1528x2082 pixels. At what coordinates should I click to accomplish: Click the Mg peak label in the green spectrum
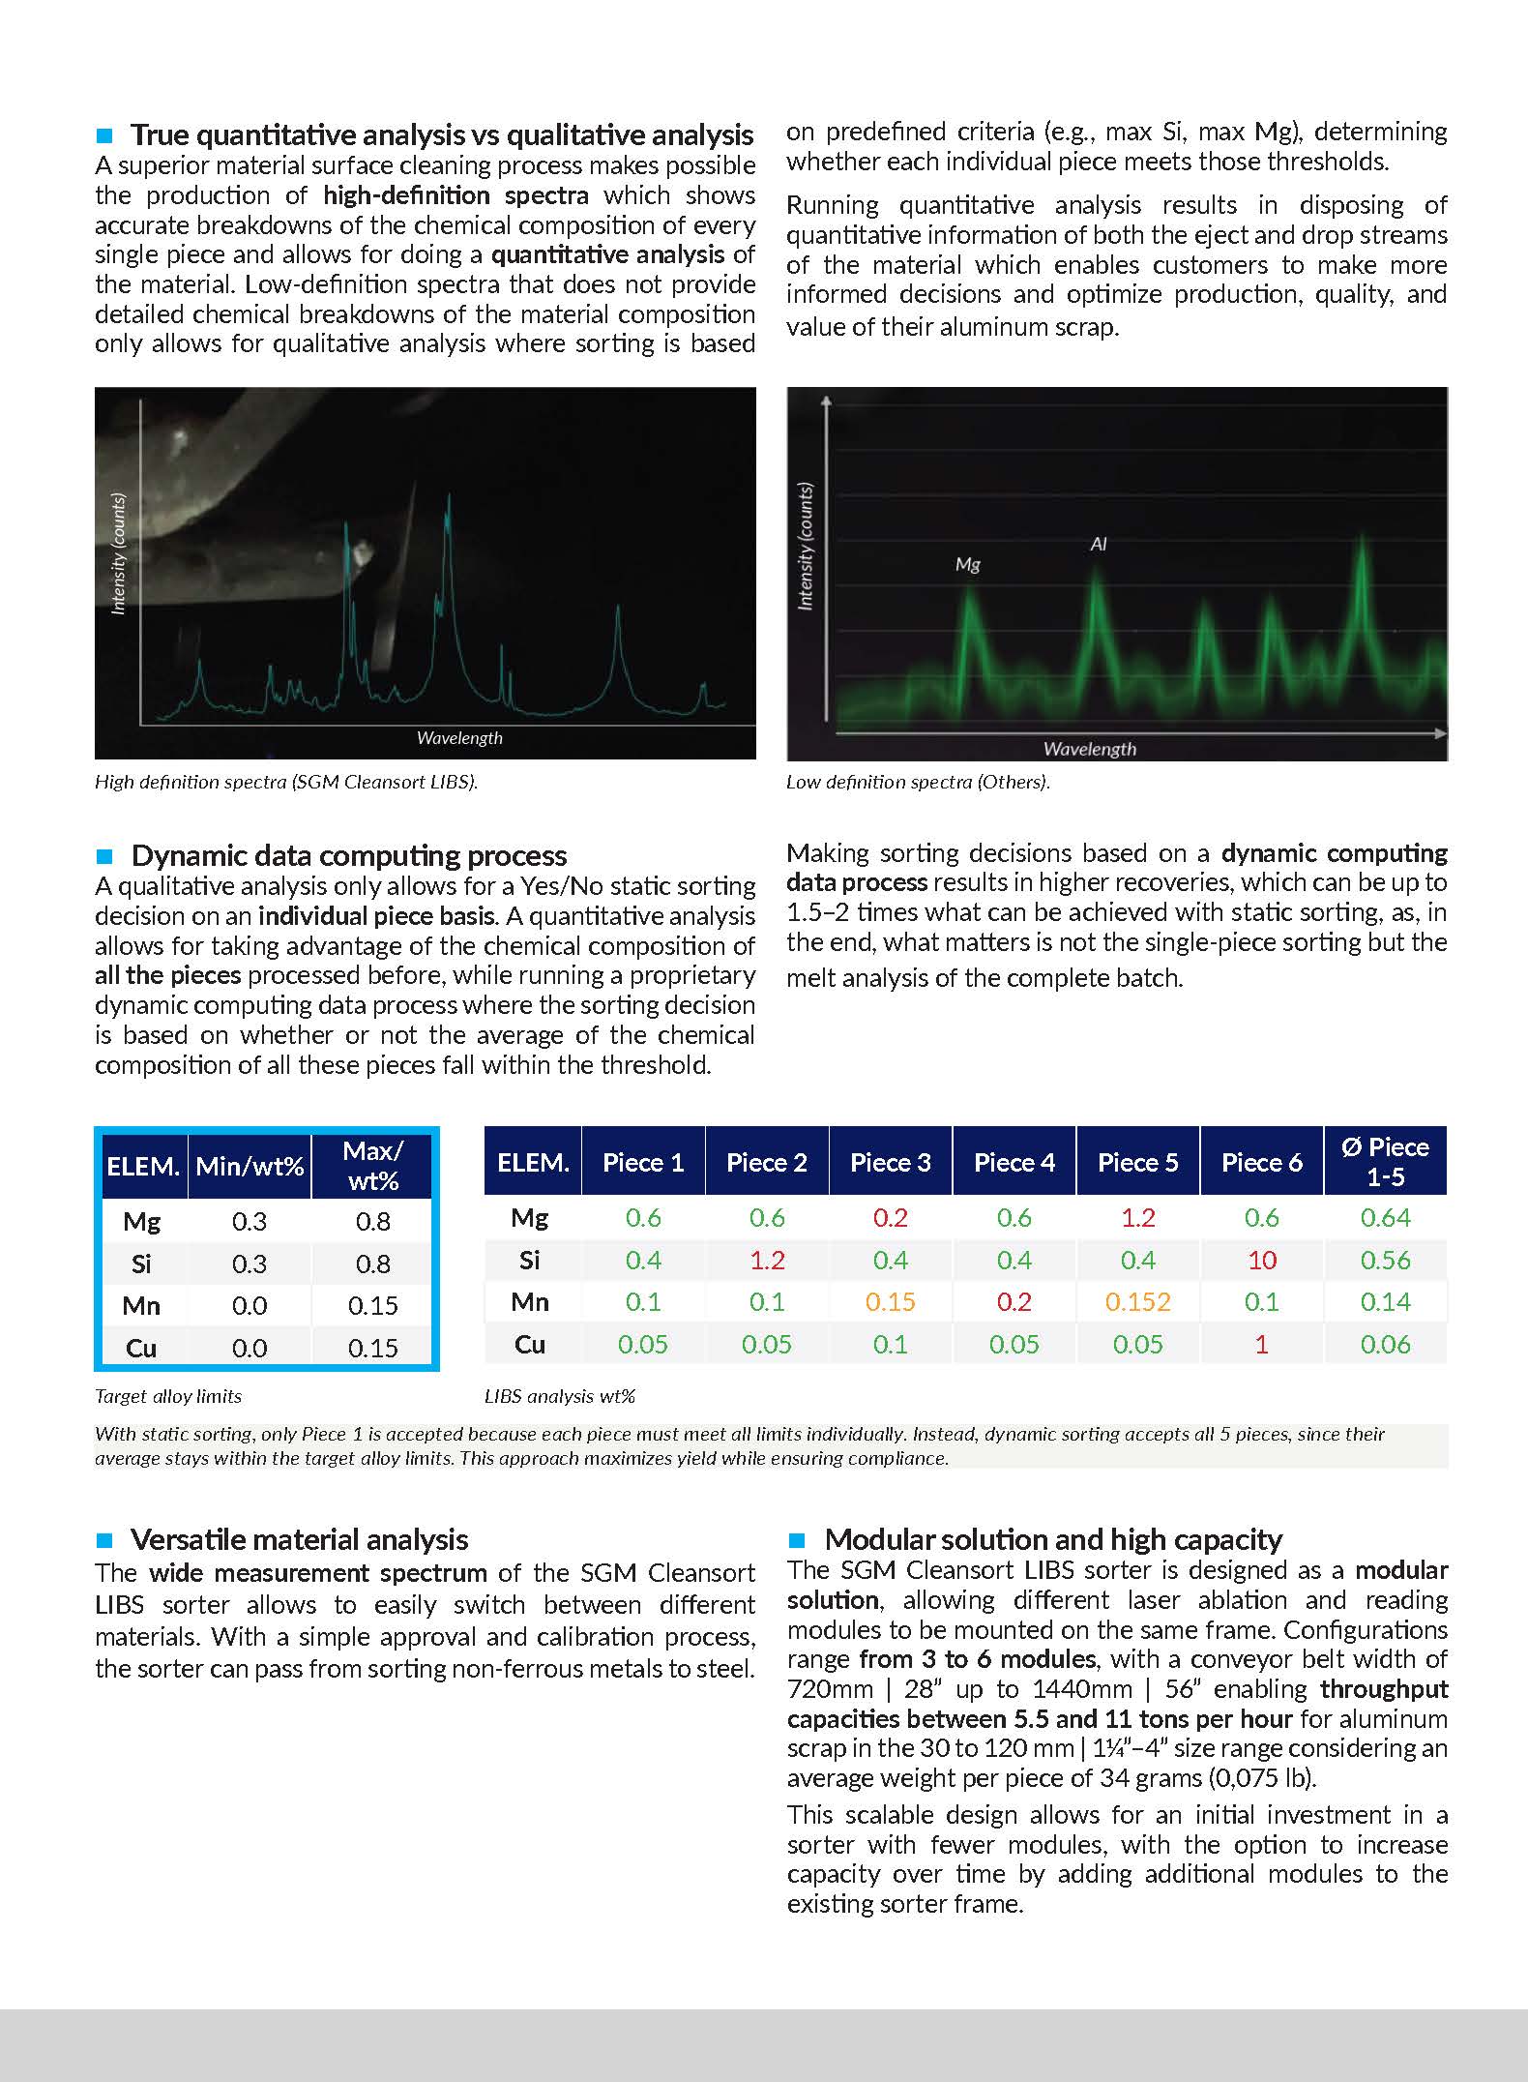click(967, 564)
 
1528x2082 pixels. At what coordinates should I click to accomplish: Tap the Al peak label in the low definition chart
click(1098, 545)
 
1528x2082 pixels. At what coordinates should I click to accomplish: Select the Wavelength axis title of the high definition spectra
click(459, 738)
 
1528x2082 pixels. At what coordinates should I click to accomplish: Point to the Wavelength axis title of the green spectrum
click(1089, 749)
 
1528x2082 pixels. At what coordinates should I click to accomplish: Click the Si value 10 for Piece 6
click(1261, 1260)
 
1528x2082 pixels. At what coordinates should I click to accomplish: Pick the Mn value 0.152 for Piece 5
click(1137, 1302)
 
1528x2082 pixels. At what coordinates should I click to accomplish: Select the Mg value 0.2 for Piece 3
click(890, 1217)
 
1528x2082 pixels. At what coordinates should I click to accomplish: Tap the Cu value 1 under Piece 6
click(1261, 1344)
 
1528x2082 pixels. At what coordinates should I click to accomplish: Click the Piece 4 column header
click(1014, 1162)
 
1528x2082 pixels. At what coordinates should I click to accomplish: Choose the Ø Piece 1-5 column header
click(1385, 1161)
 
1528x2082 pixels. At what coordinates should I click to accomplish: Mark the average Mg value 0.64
click(1385, 1217)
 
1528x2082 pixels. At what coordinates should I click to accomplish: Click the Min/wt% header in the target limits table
click(250, 1166)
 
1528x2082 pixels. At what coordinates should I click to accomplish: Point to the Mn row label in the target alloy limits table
click(141, 1306)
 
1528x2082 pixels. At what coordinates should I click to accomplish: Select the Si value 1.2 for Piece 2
click(766, 1260)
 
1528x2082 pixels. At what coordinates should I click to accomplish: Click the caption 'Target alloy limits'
click(168, 1396)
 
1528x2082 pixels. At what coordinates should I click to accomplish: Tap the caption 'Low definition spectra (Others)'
click(918, 782)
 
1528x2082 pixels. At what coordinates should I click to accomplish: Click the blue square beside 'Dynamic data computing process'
click(105, 856)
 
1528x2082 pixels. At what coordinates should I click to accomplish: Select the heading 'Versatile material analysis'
click(299, 1539)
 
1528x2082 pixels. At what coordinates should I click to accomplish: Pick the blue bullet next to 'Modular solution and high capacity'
click(798, 1539)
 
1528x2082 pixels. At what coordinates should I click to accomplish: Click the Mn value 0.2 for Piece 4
click(1014, 1302)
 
